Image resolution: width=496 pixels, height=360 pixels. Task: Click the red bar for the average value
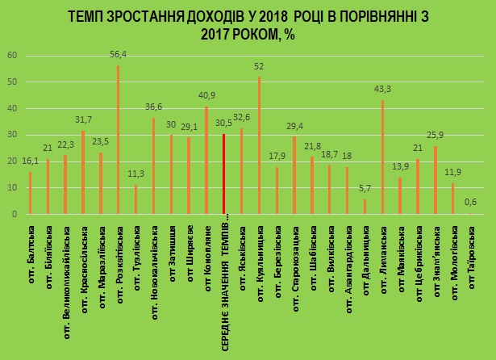223,174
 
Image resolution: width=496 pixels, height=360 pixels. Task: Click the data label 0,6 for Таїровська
470,205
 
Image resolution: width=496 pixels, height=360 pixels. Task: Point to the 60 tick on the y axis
12,56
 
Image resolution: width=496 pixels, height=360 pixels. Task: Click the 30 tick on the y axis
12,135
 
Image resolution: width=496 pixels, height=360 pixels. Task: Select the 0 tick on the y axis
14,215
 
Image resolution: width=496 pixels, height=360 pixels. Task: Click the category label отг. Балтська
31,247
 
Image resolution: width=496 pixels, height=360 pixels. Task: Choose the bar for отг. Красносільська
82,173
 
